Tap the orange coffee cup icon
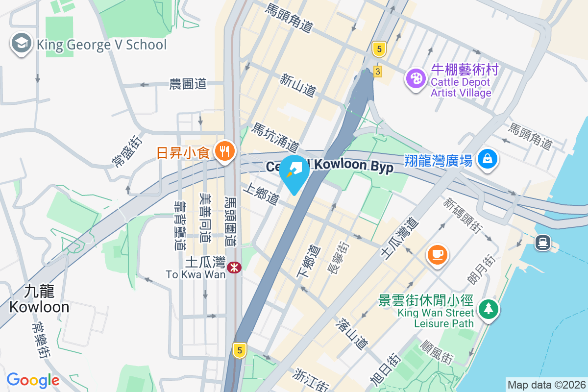[437, 254]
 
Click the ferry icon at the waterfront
[543, 242]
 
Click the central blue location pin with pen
[294, 171]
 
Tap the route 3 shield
[377, 71]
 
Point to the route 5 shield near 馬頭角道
[378, 49]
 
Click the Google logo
[33, 380]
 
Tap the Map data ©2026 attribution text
[546, 385]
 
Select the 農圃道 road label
[188, 84]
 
